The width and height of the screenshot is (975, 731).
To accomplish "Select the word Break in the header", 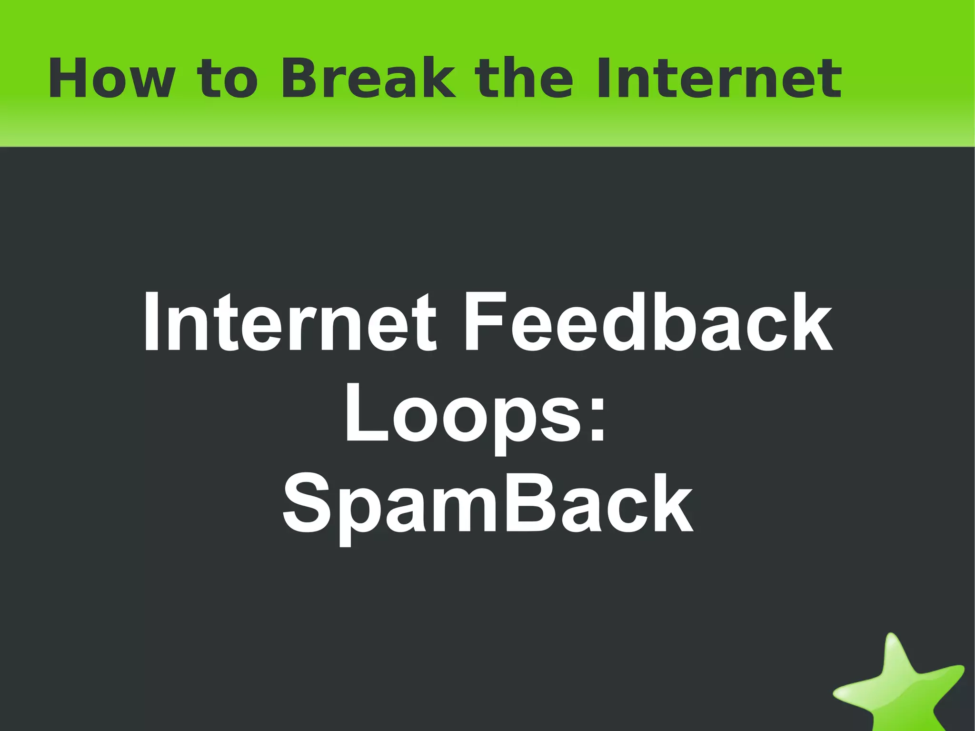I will pos(368,79).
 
